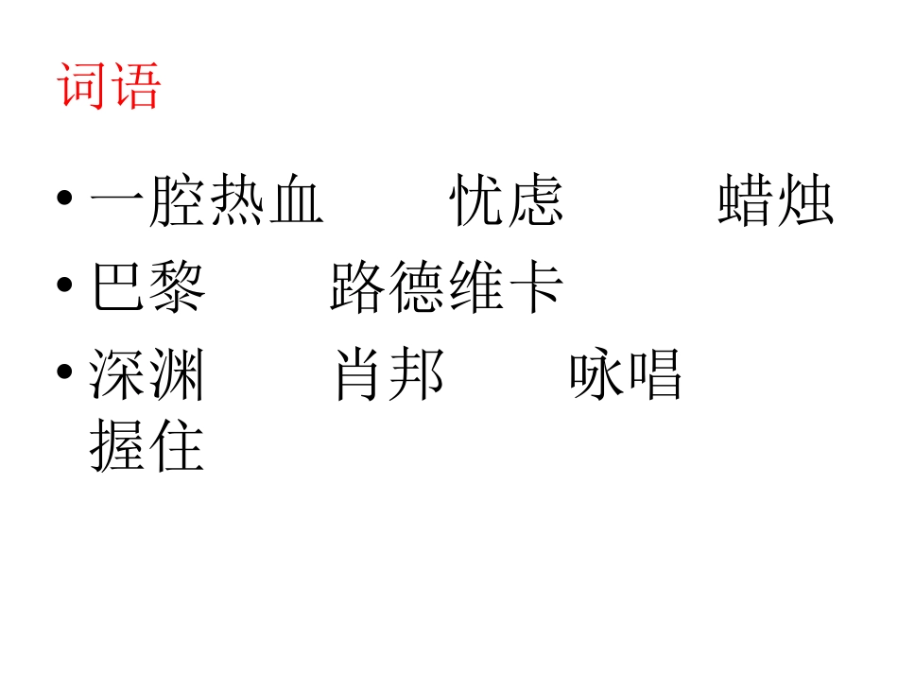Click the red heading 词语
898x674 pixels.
click(x=110, y=86)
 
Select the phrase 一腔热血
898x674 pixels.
click(x=207, y=199)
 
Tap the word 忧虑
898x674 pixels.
click(x=507, y=199)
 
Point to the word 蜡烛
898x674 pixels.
click(x=775, y=199)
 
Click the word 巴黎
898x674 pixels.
click(x=148, y=287)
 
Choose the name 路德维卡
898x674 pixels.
click(x=446, y=287)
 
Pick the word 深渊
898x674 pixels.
click(x=148, y=375)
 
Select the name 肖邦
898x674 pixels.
click(x=389, y=375)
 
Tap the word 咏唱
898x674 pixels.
click(x=625, y=375)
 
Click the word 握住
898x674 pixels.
click(x=148, y=446)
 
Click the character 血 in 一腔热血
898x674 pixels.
click(x=296, y=200)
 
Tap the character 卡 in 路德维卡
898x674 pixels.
click(x=535, y=287)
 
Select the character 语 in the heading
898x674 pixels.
click(x=136, y=86)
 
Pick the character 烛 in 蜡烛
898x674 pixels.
click(x=804, y=199)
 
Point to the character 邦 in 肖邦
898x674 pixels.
click(x=417, y=375)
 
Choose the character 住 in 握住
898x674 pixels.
click(x=177, y=446)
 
